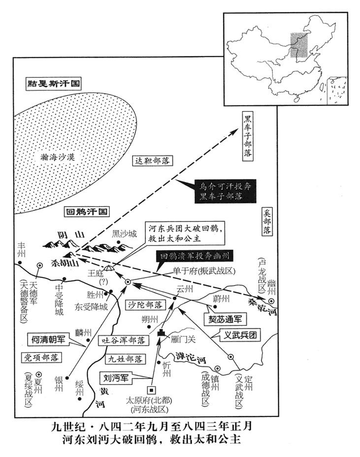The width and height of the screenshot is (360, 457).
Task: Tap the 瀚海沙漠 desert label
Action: click(x=62, y=157)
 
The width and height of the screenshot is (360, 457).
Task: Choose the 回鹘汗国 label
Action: click(x=86, y=213)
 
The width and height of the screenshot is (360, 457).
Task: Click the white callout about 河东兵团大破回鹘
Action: click(x=182, y=232)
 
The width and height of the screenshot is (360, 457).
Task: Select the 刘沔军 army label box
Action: click(x=117, y=379)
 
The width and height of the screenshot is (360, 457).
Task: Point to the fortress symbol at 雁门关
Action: click(x=161, y=334)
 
